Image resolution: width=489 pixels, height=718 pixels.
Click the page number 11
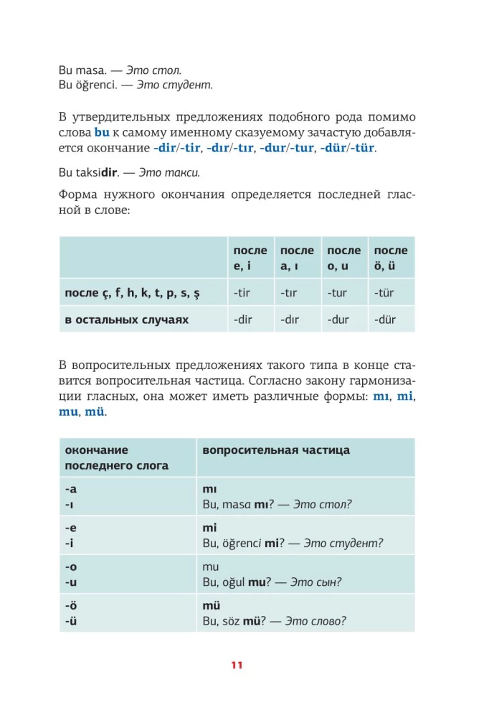pos(237,665)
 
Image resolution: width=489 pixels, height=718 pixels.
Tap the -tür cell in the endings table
pos(385,292)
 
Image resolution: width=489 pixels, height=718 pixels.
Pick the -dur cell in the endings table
pos(338,320)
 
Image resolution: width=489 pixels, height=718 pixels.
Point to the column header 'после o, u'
pos(343,258)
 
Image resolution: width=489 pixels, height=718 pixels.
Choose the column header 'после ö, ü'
pos(390,258)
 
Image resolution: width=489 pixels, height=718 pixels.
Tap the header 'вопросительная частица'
pos(276,450)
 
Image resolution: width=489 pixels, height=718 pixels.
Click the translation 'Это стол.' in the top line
pos(153,70)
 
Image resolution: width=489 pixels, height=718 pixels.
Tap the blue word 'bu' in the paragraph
pos(101,133)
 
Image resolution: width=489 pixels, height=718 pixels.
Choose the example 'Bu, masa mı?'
pos(237,504)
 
